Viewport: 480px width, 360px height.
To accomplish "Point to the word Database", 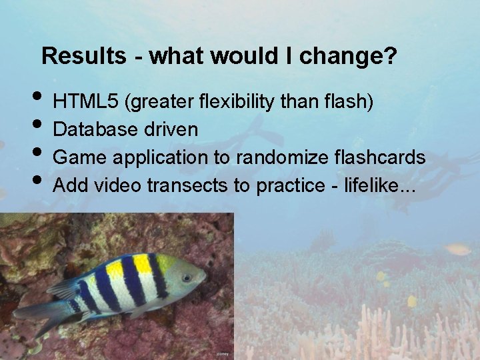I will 96,129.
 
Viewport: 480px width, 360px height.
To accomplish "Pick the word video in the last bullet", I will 118,185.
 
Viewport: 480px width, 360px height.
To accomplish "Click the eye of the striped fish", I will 187,277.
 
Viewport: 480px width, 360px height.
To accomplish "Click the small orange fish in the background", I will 457,249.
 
